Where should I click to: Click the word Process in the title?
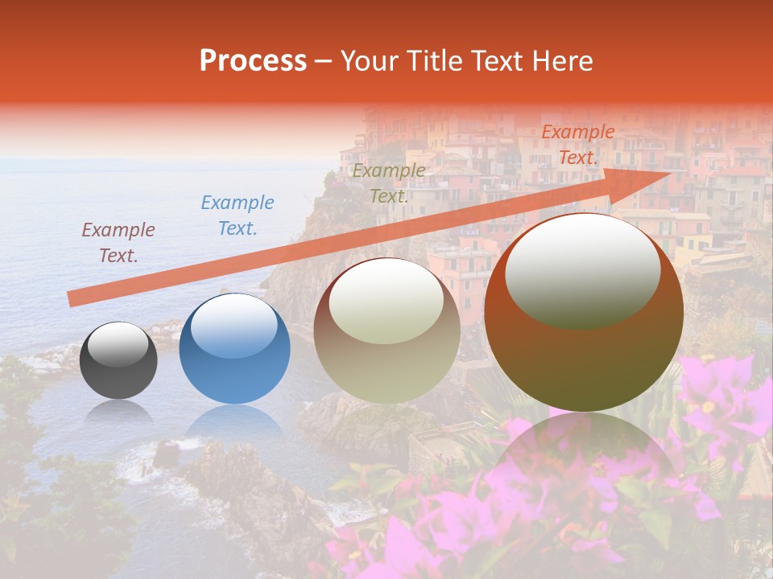point(253,61)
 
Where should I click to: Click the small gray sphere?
point(118,361)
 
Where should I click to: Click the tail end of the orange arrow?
point(72,298)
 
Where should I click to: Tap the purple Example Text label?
point(118,243)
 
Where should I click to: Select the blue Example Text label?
point(238,216)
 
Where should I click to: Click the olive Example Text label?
point(389,183)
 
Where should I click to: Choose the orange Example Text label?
point(578,145)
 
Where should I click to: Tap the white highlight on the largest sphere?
point(582,271)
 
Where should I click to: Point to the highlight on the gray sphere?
point(118,344)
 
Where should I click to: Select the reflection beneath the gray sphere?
point(118,412)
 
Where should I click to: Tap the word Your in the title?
point(370,61)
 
